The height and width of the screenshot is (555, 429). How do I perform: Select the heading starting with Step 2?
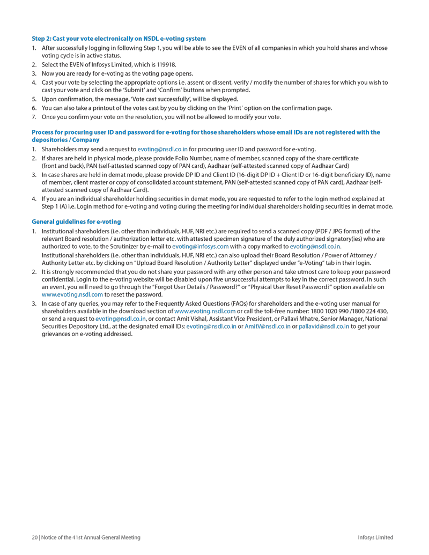[119, 39]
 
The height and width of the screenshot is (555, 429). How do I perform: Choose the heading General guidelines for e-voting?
[76, 221]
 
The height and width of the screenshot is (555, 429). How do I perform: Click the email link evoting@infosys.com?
[200, 246]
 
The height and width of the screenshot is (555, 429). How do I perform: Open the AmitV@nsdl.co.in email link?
[268, 325]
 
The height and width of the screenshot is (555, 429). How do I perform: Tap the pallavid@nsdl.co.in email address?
[324, 325]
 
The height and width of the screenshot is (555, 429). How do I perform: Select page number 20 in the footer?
[35, 537]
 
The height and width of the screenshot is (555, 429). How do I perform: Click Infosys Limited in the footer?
[375, 537]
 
